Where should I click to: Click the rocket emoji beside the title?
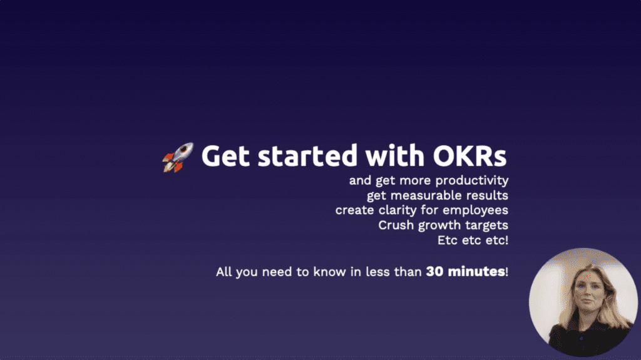pyautogui.click(x=178, y=158)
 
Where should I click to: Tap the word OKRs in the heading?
pyautogui.click(x=469, y=157)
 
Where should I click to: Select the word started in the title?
pyautogui.click(x=308, y=157)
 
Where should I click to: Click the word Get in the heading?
pyautogui.click(x=225, y=157)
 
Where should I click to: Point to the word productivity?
pyautogui.click(x=472, y=181)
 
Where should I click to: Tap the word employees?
pyautogui.click(x=476, y=211)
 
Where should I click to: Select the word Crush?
pyautogui.click(x=396, y=225)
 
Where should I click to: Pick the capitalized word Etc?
pyautogui.click(x=447, y=240)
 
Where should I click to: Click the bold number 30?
pyautogui.click(x=434, y=272)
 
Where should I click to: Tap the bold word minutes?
pyautogui.click(x=476, y=271)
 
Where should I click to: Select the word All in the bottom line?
pyautogui.click(x=223, y=272)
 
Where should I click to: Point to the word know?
pyautogui.click(x=329, y=272)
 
